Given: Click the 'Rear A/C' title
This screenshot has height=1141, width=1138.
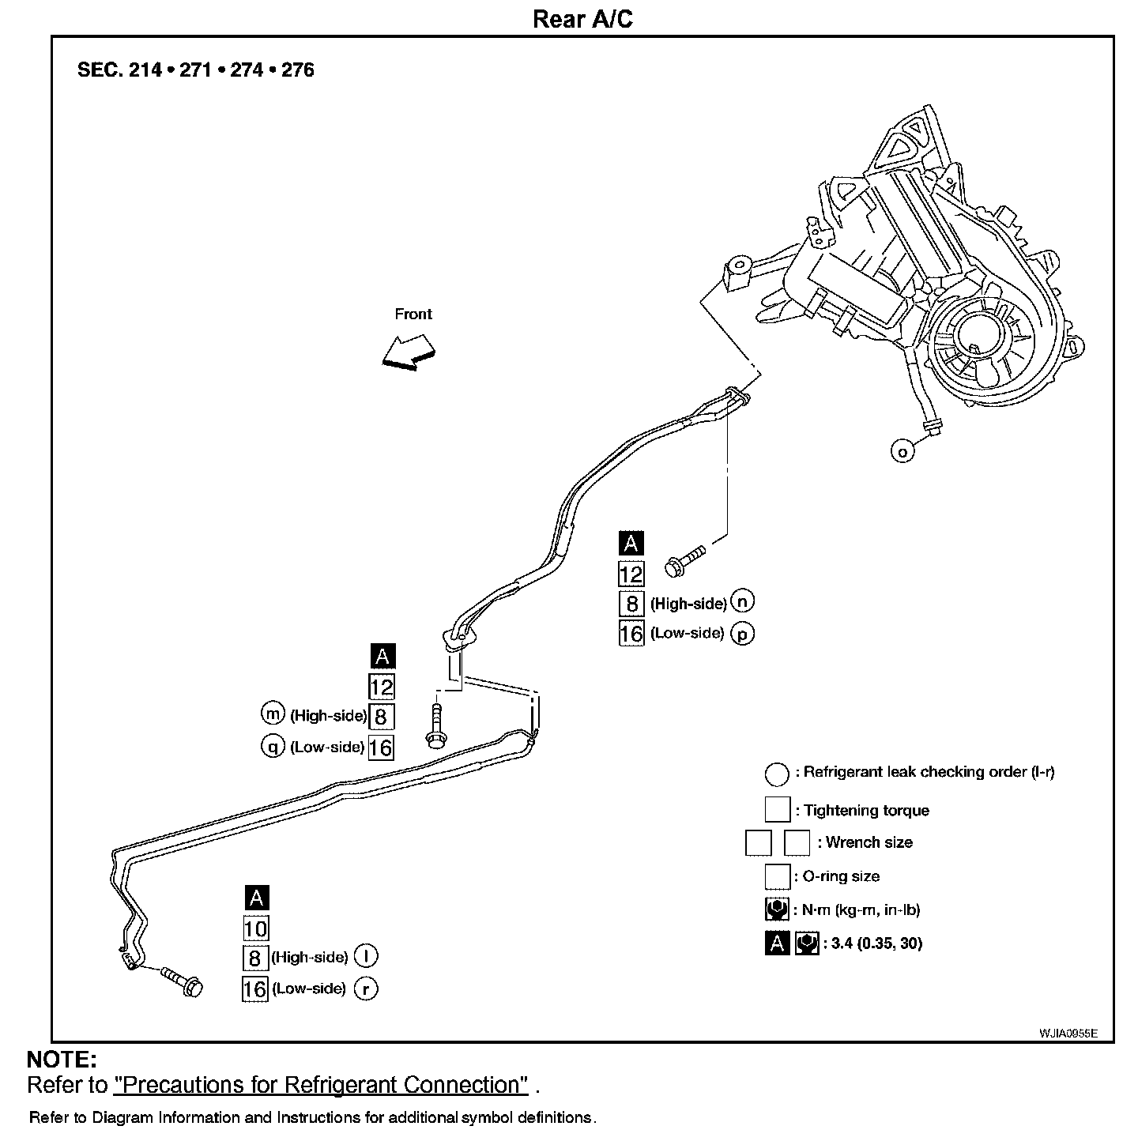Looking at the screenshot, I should coord(582,19).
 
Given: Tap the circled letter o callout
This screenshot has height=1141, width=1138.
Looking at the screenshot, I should coord(902,450).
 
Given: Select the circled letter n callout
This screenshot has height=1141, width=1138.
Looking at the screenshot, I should coord(742,601).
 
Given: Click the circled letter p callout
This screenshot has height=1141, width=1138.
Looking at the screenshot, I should coord(742,634).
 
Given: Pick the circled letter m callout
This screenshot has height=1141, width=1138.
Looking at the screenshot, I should coord(273,714).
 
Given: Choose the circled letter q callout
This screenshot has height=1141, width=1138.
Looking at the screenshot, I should coord(273,746).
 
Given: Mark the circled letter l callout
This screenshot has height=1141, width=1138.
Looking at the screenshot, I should coord(365,956).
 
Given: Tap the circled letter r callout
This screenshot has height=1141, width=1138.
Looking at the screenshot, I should coord(365,988).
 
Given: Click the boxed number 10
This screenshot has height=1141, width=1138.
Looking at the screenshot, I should coord(255,928).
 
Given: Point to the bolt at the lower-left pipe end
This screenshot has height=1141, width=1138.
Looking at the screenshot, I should coord(181,981).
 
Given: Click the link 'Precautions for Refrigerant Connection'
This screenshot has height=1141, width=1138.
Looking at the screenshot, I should coord(321,1085).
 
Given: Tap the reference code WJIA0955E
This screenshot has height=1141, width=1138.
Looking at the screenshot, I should coord(1068,1033).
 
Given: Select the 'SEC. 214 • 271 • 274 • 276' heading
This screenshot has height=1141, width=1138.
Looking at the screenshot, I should coord(195,70).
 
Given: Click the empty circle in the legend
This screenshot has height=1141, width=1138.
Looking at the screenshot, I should coord(777,774).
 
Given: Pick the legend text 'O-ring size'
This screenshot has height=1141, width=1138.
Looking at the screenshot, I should coord(841,876).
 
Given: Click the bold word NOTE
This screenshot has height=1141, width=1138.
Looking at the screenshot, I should coord(62,1060).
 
